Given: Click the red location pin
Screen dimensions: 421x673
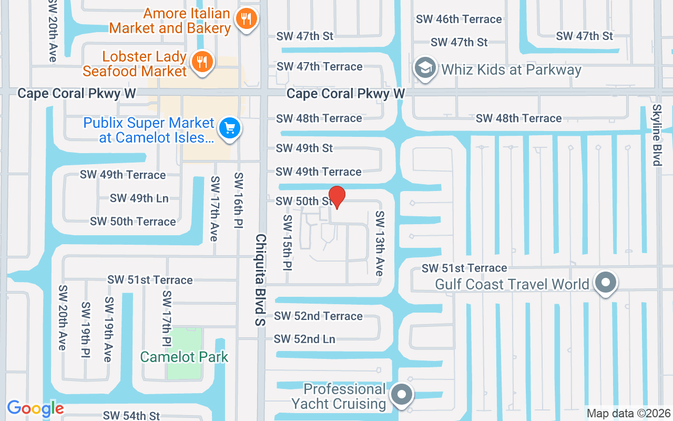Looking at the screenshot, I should pos(336,197).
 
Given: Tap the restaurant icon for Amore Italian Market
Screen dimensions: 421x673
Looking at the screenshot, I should pos(246,19).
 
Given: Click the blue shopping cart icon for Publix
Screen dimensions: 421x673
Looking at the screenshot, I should pos(229,128).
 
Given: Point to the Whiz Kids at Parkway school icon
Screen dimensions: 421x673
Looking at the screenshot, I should pos(425,69).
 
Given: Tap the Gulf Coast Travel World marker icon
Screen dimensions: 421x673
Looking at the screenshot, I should pos(606,283).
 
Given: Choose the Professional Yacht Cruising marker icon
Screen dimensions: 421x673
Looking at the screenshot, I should pos(402,394).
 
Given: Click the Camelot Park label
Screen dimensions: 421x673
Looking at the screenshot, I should pos(184,357).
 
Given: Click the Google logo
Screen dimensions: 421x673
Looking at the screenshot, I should pos(35,408).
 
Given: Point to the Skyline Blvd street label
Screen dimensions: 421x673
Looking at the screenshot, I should pos(657,135).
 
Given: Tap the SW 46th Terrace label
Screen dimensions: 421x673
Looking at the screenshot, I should pos(458,19).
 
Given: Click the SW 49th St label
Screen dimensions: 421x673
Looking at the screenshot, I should pos(304,148).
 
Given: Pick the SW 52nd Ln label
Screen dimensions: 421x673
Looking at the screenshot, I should pos(304,339).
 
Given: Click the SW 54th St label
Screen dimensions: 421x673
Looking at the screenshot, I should pos(131,416).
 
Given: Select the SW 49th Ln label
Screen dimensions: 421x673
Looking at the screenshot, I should pos(139,198).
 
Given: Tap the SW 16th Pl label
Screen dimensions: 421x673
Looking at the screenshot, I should pos(239,200).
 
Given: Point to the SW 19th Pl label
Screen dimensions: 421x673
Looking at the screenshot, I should pos(86,330).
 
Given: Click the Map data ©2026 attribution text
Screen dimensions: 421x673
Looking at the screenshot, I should pos(628,414).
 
